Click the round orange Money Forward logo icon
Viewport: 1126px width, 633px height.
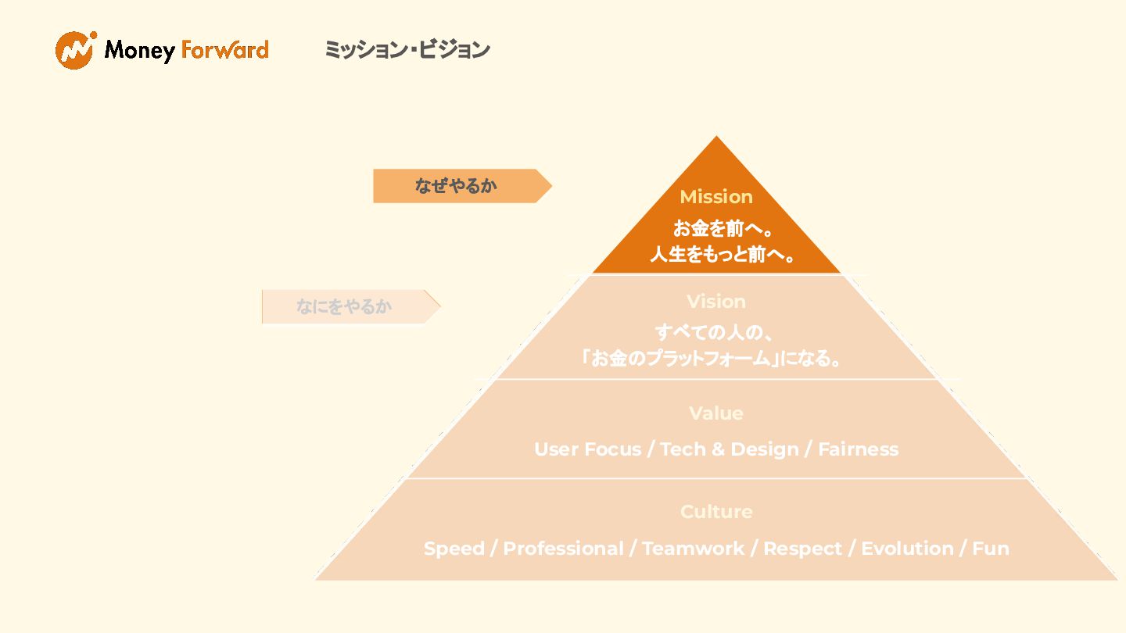point(75,50)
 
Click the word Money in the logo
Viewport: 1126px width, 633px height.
point(139,51)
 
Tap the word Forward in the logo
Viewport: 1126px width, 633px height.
point(224,50)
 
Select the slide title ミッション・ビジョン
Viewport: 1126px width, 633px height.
point(407,49)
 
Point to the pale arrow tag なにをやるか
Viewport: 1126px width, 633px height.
point(346,306)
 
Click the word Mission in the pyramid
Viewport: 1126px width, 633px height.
point(716,197)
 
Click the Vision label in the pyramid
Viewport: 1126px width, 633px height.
point(716,302)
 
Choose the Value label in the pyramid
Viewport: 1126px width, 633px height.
point(716,413)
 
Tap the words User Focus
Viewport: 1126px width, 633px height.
point(587,449)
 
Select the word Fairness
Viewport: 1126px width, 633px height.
point(858,449)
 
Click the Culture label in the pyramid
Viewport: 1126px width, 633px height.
point(716,512)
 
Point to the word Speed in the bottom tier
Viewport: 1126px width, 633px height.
point(454,549)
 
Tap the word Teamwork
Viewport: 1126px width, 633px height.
point(693,549)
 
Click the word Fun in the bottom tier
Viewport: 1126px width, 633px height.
point(991,549)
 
